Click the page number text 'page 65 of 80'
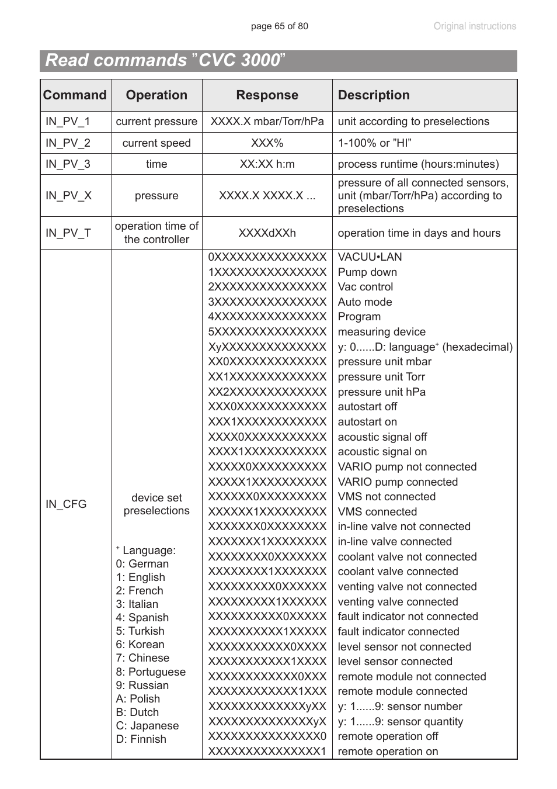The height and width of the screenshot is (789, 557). click(x=279, y=26)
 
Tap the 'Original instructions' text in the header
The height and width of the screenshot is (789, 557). click(x=474, y=26)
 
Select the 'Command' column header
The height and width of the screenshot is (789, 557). click(x=75, y=95)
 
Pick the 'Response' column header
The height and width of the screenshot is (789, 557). click(x=267, y=95)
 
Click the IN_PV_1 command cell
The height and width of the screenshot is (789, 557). click(x=68, y=122)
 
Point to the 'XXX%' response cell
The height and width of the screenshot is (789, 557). click(x=267, y=143)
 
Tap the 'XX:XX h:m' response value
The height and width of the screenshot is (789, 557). click(x=267, y=164)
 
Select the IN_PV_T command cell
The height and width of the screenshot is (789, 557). click(x=68, y=233)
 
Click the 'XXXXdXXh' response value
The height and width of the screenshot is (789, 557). click(x=267, y=233)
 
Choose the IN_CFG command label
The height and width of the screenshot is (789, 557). click(x=66, y=504)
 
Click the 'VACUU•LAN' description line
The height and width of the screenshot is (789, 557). click(x=370, y=257)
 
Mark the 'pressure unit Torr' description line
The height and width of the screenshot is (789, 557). click(x=381, y=377)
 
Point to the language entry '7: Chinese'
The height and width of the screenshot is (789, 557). click(x=142, y=658)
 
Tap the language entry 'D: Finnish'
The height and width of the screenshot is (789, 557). click(x=141, y=739)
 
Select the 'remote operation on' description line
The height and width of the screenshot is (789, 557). click(x=388, y=752)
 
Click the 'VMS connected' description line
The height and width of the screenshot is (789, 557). click(x=377, y=512)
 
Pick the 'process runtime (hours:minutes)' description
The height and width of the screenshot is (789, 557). click(x=418, y=164)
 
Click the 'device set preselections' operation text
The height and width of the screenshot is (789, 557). click(x=156, y=504)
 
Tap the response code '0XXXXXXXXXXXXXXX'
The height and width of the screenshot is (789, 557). click(x=267, y=257)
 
